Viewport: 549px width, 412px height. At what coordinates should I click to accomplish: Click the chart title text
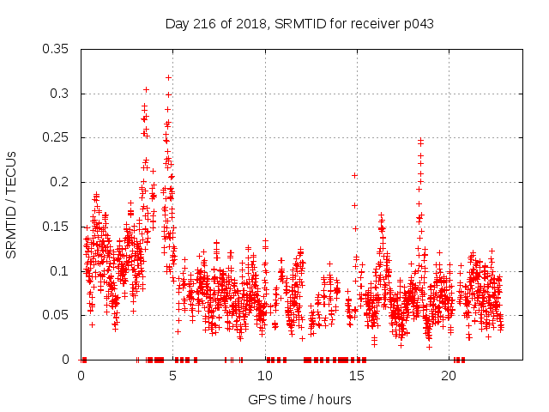[x=299, y=24]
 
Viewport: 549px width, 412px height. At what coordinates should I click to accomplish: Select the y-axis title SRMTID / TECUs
[x=12, y=205]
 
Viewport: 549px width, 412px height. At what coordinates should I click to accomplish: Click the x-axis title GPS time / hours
[x=299, y=399]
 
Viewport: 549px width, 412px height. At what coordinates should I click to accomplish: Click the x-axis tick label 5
[x=173, y=376]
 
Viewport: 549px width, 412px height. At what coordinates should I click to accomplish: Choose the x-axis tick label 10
[x=265, y=376]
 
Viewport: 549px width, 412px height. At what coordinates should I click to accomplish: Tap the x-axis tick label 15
[x=357, y=376]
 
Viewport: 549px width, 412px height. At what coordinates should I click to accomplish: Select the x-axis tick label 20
[x=449, y=376]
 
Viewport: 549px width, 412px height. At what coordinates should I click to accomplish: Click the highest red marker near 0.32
[x=168, y=77]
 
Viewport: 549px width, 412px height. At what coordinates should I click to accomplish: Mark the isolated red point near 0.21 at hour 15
[x=354, y=175]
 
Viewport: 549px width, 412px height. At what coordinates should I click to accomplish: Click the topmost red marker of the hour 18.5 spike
[x=421, y=140]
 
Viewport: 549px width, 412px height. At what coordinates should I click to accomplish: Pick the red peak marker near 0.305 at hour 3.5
[x=146, y=89]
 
